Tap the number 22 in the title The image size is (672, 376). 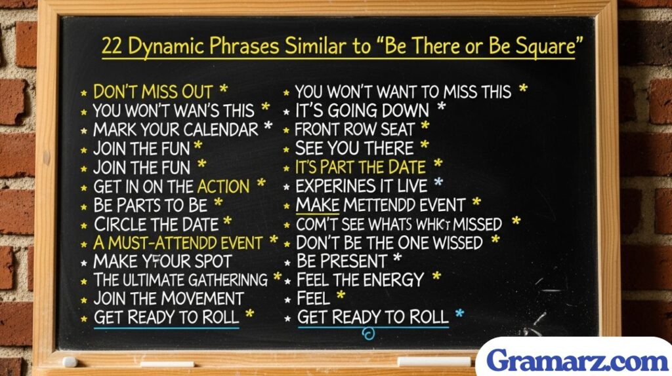point(112,48)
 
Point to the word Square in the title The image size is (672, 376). point(536,48)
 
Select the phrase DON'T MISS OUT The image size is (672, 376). point(154,92)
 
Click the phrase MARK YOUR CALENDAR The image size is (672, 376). point(175,130)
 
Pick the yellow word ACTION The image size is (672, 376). point(223,186)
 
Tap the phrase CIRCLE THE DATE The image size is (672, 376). point(157,224)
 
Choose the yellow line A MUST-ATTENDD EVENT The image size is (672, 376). point(178,242)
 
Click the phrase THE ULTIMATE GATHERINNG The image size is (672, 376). point(180,280)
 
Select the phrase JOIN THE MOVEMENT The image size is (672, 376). point(169,299)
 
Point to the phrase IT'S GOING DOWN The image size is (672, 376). point(362,111)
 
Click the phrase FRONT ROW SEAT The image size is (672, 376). point(355,130)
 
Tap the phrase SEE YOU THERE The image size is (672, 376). point(354,148)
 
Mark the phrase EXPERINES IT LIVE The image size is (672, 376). point(362,186)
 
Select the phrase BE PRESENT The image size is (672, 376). point(342,261)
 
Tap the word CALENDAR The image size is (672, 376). point(221,130)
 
